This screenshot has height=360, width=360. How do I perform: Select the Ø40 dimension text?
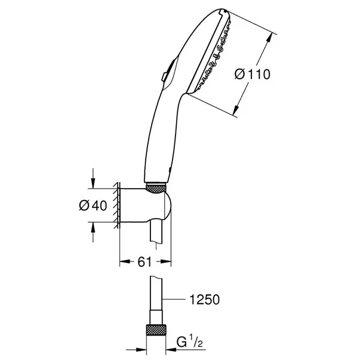(x=94, y=205)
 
